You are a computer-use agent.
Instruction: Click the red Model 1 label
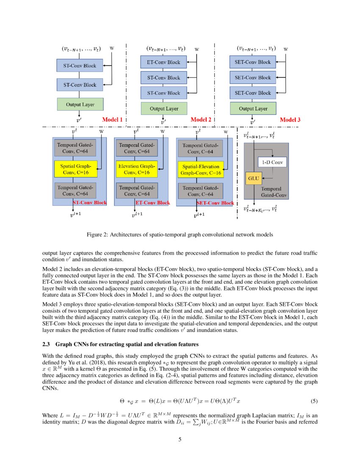(x=112, y=120)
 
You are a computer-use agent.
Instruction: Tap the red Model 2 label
(x=201, y=120)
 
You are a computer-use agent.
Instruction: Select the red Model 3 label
(x=290, y=120)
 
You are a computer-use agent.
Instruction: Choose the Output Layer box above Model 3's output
(x=253, y=108)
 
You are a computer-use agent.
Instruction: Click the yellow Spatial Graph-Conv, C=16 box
(x=76, y=169)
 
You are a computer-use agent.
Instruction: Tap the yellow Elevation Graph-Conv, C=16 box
(x=136, y=169)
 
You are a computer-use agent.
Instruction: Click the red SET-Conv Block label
(x=215, y=203)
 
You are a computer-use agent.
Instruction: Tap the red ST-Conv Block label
(x=90, y=203)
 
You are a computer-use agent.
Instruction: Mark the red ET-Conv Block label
(x=152, y=203)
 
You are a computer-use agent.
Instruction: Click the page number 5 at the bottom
(x=180, y=439)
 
